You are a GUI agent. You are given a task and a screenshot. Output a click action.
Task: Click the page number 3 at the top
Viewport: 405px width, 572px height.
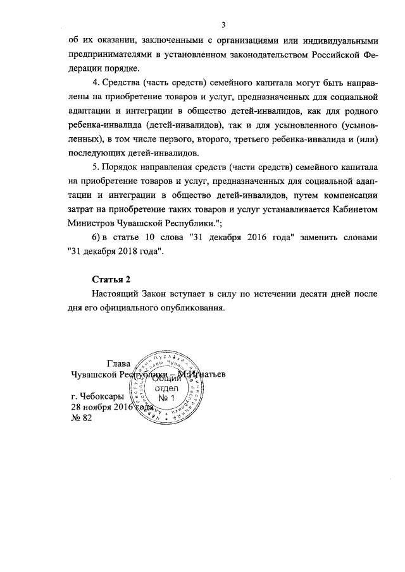pos(223,25)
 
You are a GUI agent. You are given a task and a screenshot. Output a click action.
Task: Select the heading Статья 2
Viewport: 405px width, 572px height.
pos(112,279)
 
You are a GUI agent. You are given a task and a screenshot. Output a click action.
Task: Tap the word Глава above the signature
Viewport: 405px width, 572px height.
pos(120,363)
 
